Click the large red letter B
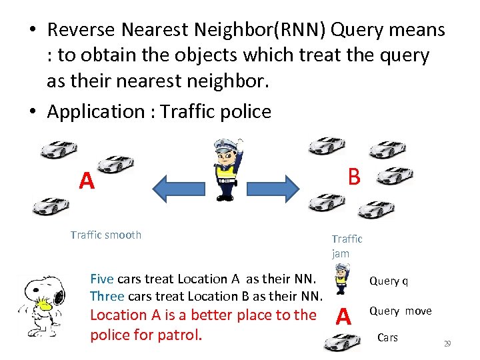click(353, 176)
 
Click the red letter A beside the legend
click(343, 316)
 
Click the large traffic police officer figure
click(227, 169)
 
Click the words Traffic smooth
click(106, 235)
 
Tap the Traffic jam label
click(346, 246)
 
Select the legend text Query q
click(389, 281)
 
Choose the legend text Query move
click(400, 311)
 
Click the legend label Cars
click(387, 337)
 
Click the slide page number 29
click(447, 344)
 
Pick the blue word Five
click(101, 279)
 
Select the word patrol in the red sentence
click(181, 333)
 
